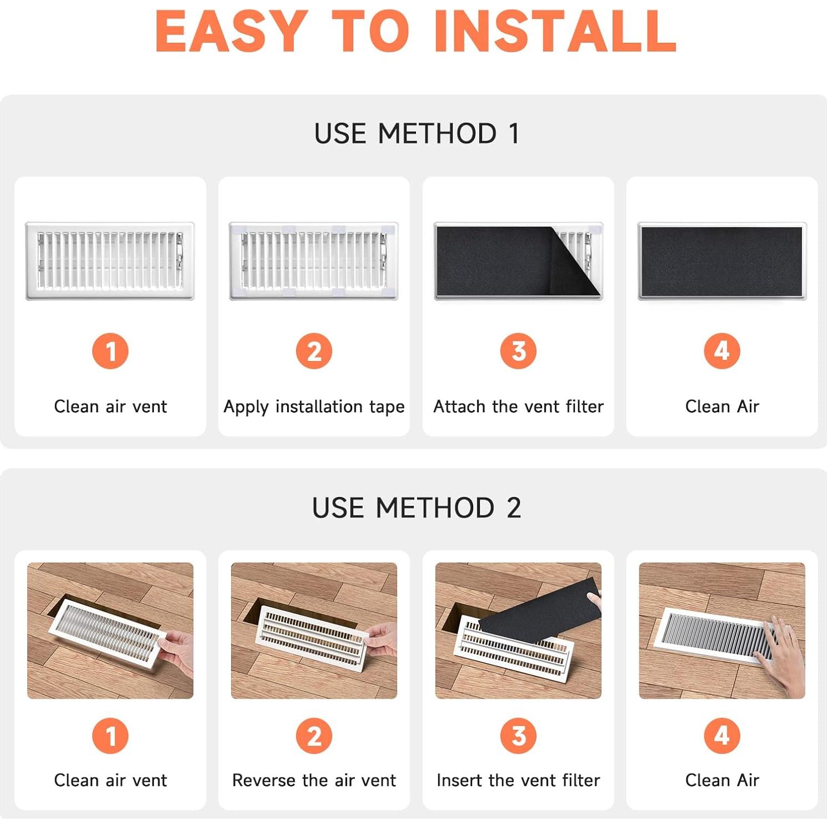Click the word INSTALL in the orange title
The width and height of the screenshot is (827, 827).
coord(555,32)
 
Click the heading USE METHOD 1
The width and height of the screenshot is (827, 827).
coord(417,134)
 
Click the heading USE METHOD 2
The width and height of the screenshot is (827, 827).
coord(417,508)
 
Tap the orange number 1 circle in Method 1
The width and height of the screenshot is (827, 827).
coord(111,351)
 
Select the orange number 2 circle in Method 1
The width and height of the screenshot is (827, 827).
coord(314,351)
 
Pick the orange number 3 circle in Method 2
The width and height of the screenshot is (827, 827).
coord(518,736)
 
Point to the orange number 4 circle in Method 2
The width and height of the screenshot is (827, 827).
coord(722,736)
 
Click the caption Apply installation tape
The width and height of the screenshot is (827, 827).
coord(314,407)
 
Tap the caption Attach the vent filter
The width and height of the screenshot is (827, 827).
coord(518,407)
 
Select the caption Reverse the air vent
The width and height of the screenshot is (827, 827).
coord(314,780)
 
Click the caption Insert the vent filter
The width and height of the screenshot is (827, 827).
coord(518,780)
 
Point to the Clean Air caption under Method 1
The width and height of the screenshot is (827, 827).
coord(722,407)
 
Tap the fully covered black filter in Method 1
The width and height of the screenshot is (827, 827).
coord(722,261)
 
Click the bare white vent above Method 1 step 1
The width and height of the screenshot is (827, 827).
coord(110,261)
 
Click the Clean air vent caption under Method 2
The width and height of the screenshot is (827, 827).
coord(111,780)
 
